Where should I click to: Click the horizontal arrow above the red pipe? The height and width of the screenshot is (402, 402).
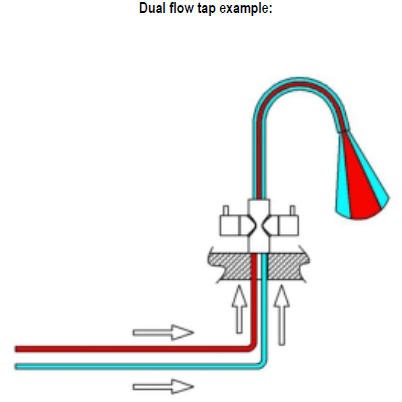point(163,332)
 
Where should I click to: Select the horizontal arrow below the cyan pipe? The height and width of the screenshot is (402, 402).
point(163,387)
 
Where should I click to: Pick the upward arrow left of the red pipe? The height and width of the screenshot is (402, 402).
point(239,309)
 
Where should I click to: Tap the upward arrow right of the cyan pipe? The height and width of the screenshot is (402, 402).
point(282,315)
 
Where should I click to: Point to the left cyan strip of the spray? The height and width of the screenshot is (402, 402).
point(343,187)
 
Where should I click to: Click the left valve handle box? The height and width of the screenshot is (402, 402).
point(230,226)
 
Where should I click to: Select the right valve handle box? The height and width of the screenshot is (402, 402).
point(288,226)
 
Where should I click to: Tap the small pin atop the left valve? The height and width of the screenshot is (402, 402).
point(226,211)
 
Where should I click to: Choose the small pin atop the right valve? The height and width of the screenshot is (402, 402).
point(292,211)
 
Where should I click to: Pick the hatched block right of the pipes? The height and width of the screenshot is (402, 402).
point(287,265)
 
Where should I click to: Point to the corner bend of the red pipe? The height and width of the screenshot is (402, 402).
point(253,347)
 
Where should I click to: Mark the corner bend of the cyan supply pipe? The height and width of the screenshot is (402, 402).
point(263,364)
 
